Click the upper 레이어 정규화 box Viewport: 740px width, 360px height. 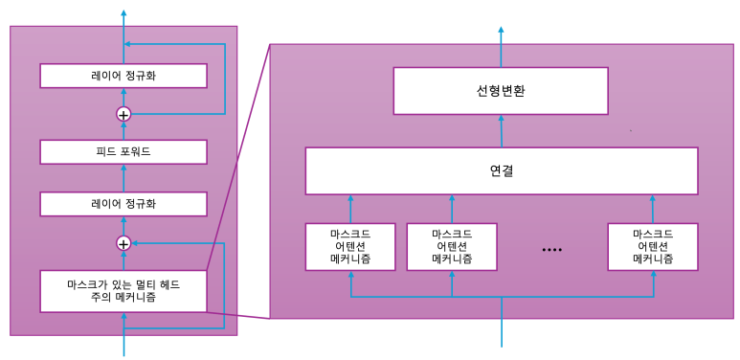tap(123, 76)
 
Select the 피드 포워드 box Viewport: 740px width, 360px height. tap(123, 151)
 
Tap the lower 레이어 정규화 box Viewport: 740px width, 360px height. tap(123, 204)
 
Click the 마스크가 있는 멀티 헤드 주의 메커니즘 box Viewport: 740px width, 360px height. tap(123, 291)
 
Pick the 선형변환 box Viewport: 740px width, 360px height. tap(501, 91)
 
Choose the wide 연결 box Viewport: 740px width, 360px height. tap(501, 171)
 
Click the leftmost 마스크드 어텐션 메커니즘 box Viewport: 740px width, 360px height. tap(350, 247)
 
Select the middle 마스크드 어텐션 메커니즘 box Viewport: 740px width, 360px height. tap(452, 247)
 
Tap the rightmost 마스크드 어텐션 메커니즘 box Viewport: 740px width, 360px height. tap(653, 247)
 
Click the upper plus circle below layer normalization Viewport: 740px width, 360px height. tap(123, 114)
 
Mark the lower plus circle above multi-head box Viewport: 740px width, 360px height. tap(123, 243)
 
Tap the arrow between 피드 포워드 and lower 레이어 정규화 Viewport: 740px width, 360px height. tap(123, 178)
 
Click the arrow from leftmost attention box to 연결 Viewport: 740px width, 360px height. tap(350, 209)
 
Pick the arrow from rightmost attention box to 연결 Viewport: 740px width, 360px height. tap(653, 209)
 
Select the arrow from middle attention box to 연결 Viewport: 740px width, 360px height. tap(452, 209)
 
